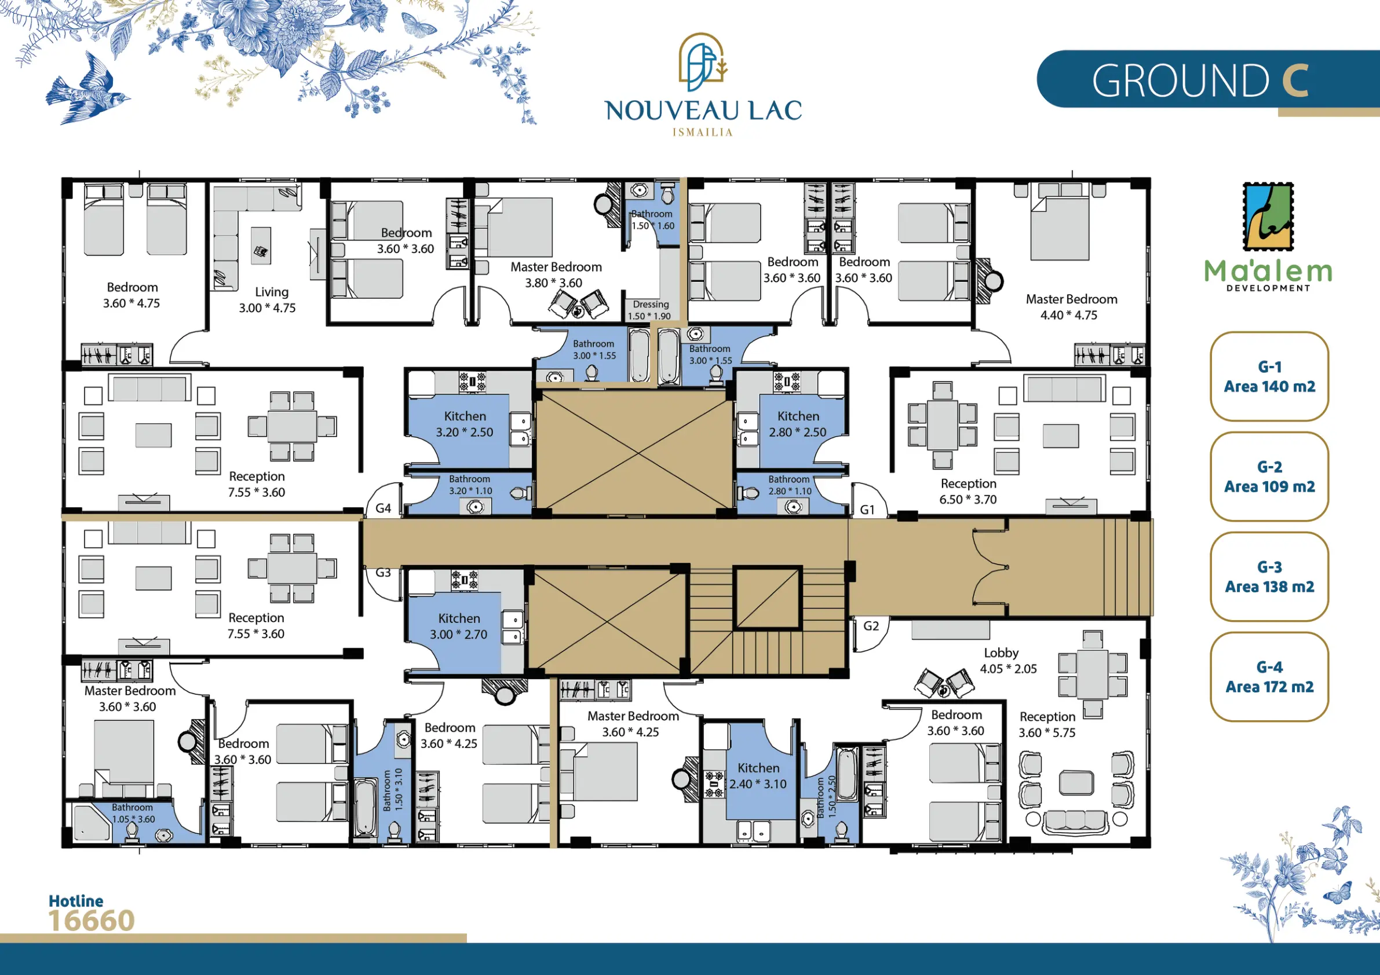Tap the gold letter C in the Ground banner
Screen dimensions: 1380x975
1295,80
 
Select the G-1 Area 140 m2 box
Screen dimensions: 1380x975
1269,377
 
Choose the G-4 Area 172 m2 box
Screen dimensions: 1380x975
1269,677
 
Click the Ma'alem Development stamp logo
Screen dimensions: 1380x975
1268,217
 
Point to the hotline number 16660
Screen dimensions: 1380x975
92,921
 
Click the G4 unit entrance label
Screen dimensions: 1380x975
383,508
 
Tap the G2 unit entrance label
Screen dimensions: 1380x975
871,626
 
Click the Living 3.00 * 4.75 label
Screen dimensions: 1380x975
268,300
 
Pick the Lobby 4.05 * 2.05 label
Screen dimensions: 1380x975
1008,661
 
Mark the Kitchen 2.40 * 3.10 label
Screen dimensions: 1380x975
758,776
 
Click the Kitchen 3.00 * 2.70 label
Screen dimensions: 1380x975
459,626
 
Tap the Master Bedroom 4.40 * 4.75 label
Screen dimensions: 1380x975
1071,307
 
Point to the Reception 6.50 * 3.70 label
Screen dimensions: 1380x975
968,492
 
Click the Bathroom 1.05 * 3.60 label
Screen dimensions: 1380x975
133,813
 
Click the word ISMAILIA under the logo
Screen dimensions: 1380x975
703,132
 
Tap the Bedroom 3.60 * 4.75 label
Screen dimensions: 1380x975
132,295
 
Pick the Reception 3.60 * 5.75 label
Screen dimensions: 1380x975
1047,724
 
